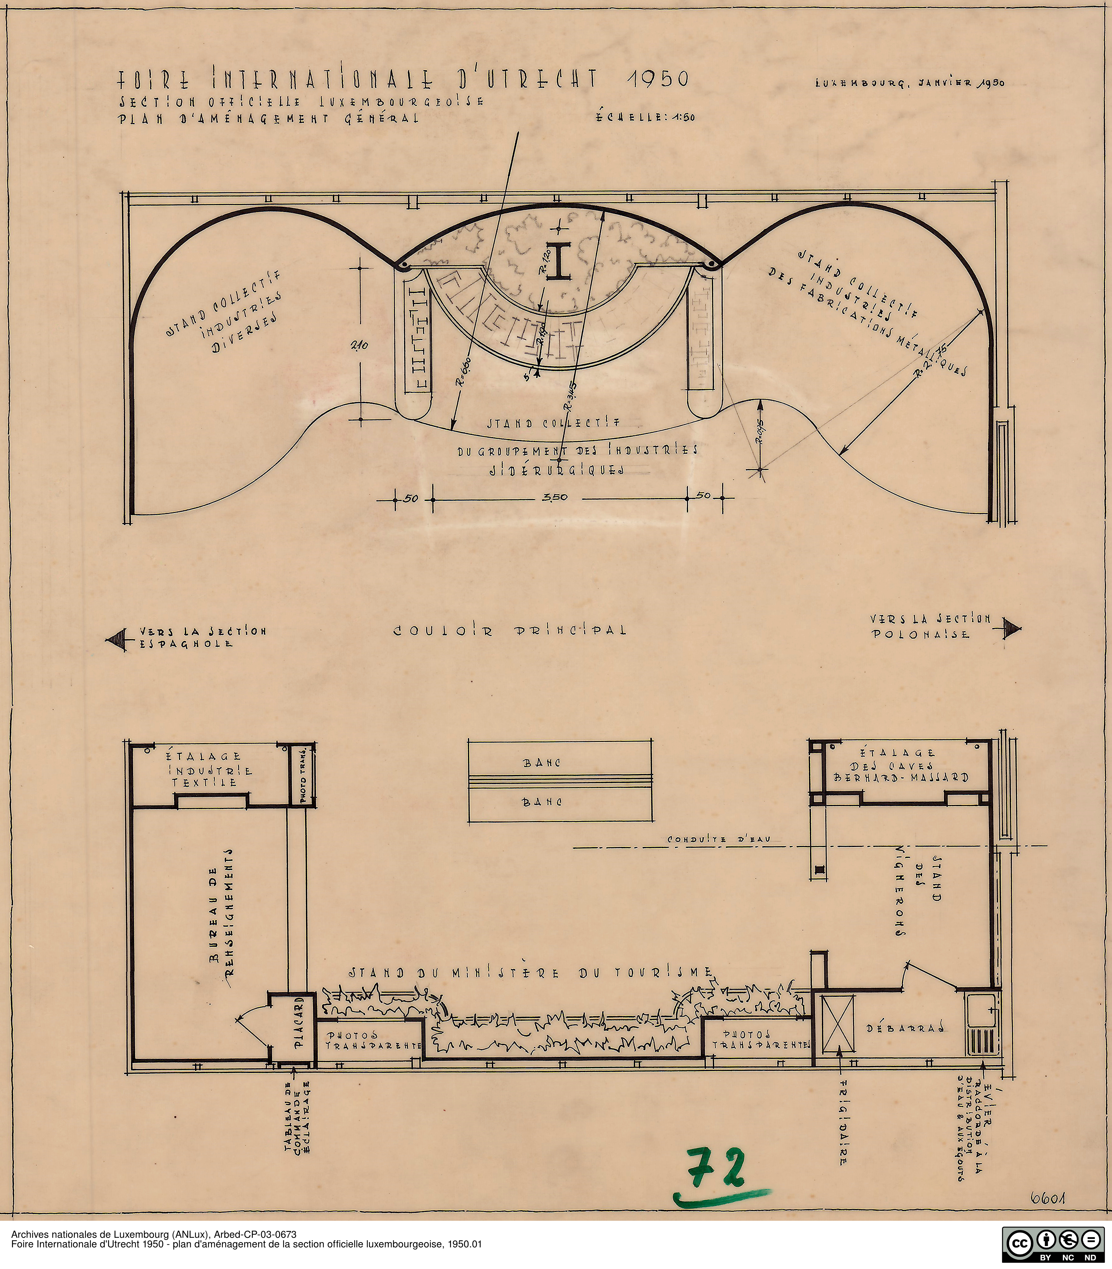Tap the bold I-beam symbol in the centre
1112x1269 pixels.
tap(559, 262)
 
